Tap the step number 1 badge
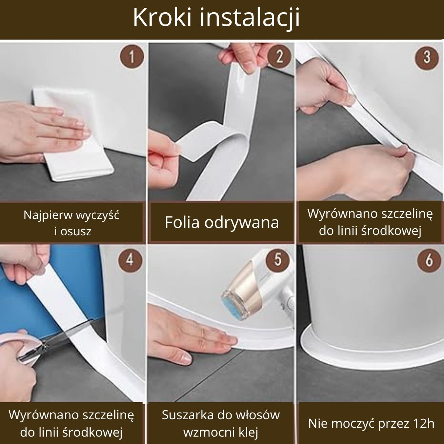click(x=132, y=57)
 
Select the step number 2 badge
click(x=279, y=57)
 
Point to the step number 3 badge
click(x=427, y=57)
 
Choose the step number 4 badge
click(x=130, y=260)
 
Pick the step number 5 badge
click(x=278, y=260)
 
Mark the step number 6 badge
click(x=428, y=260)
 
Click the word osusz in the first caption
click(x=76, y=231)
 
